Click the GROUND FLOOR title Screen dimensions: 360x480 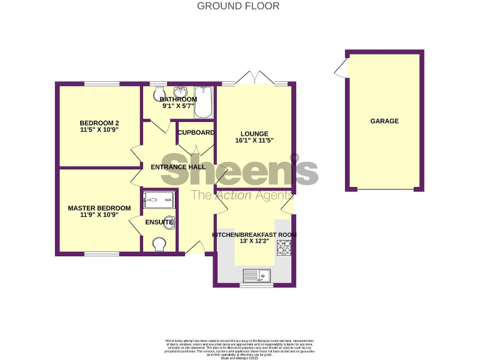(238, 6)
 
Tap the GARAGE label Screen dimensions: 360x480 (384, 121)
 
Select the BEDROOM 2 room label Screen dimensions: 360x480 (99, 122)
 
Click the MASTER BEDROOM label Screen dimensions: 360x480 (99, 208)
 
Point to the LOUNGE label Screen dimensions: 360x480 (253, 134)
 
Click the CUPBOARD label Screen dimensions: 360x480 (196, 132)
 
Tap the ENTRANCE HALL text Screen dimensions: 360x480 (178, 167)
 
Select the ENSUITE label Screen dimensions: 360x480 (159, 222)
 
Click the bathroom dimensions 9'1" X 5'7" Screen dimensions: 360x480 (178, 106)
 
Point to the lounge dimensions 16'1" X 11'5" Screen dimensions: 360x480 (253, 142)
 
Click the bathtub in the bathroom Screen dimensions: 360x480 (204, 102)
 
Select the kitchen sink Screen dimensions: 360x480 (256, 274)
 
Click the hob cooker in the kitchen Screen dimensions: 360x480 (283, 248)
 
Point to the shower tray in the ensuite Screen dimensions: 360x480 (159, 199)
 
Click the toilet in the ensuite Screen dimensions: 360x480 (160, 244)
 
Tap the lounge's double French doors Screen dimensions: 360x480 (254, 77)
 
